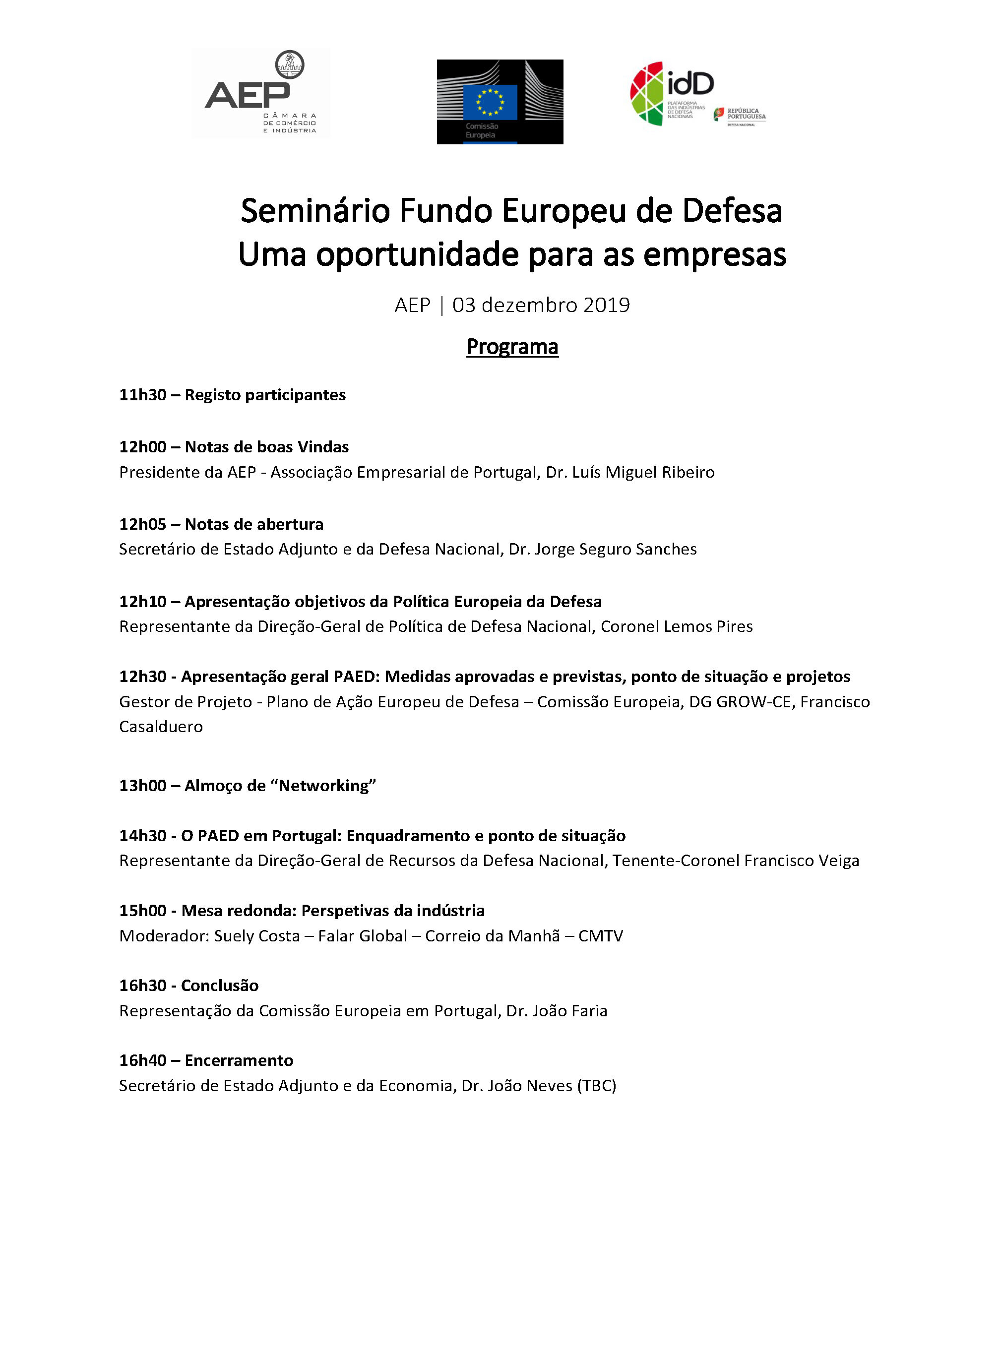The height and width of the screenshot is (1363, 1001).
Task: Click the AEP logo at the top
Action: click(x=260, y=94)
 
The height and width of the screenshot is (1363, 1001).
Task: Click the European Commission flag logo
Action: click(x=500, y=102)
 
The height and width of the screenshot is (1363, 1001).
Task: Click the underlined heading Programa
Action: click(x=512, y=347)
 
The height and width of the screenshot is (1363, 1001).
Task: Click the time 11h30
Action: click(x=142, y=395)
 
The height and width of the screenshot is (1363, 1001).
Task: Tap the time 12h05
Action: click(x=142, y=524)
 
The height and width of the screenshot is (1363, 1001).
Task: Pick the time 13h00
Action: click(x=142, y=786)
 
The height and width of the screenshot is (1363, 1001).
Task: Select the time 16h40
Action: click(x=142, y=1060)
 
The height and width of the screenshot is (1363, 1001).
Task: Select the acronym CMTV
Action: click(x=601, y=936)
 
